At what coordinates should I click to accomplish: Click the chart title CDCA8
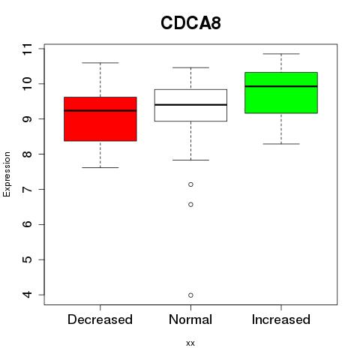click(x=190, y=23)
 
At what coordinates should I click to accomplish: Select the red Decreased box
click(x=100, y=119)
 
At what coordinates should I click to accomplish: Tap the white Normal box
click(x=190, y=105)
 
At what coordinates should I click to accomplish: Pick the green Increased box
click(x=281, y=93)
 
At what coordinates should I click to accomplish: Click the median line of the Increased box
click(x=281, y=86)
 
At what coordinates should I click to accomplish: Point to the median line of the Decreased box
click(x=100, y=110)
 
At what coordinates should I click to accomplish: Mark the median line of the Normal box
click(x=190, y=105)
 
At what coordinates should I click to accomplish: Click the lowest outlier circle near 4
click(x=190, y=295)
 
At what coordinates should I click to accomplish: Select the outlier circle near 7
click(x=190, y=184)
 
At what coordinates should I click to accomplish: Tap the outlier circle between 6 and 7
click(x=190, y=205)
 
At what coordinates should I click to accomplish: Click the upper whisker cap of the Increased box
click(x=281, y=54)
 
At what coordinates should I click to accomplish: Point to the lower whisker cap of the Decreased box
click(x=100, y=167)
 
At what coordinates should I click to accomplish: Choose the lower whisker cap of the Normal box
click(x=190, y=160)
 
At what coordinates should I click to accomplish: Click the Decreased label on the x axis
click(x=100, y=319)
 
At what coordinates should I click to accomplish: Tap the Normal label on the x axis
click(x=190, y=319)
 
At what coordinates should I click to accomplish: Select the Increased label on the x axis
click(x=281, y=319)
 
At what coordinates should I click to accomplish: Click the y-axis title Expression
click(x=7, y=174)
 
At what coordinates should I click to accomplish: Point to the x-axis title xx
click(x=190, y=343)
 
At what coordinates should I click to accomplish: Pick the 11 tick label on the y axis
click(x=28, y=49)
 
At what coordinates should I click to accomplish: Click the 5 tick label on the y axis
click(x=28, y=259)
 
